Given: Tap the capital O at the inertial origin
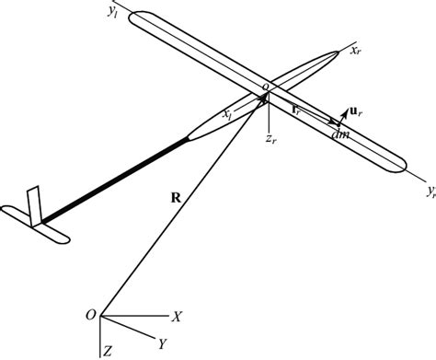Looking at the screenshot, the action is coord(89,315).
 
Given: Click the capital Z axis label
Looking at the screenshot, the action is coord(109,351).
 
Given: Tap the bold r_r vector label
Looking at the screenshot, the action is coord(296,110).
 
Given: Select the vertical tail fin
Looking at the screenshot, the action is coord(35,204).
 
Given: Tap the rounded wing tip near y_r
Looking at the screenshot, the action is coord(396,167).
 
